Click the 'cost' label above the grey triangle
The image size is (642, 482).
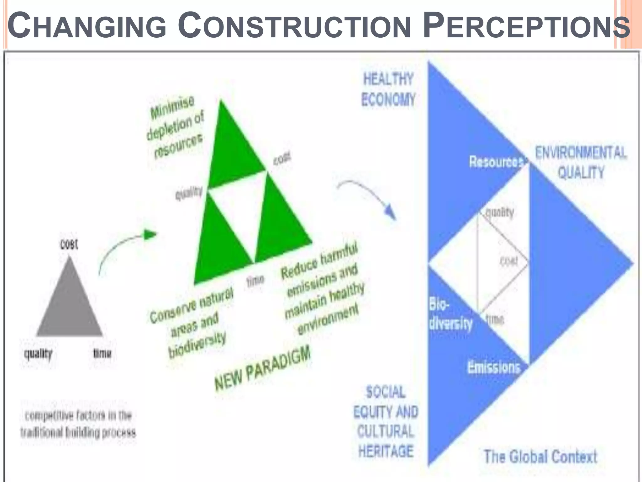click(x=69, y=244)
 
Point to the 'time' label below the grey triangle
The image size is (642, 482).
click(x=102, y=354)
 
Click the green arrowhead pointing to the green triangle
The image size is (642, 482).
click(x=150, y=234)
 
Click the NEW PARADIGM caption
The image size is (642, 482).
click(x=262, y=368)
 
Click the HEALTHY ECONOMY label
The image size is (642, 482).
click(x=388, y=89)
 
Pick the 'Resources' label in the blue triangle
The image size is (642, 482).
click(x=496, y=162)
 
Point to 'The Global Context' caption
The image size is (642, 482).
click(x=540, y=457)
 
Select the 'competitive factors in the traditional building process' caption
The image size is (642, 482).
click(x=78, y=424)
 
